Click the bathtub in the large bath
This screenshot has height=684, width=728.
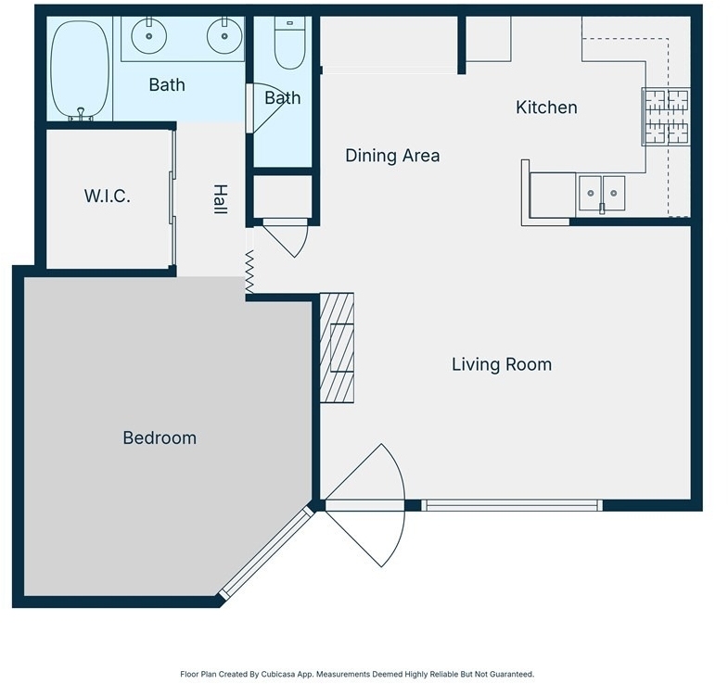[80, 69]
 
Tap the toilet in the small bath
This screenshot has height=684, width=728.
[289, 43]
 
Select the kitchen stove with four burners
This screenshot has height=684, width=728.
[666, 117]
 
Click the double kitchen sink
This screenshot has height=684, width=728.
[602, 194]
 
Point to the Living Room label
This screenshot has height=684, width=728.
[502, 364]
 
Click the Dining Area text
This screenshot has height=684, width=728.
[392, 156]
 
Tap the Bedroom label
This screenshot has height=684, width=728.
[160, 438]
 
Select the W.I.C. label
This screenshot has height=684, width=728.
[108, 196]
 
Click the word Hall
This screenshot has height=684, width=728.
[220, 199]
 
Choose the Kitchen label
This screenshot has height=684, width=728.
[546, 108]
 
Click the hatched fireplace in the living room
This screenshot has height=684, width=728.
[337, 348]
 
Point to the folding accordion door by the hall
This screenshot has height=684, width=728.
[249, 272]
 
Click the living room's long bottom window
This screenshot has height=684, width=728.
[512, 505]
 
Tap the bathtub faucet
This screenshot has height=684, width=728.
[81, 114]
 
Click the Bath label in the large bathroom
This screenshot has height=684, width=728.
[167, 85]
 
